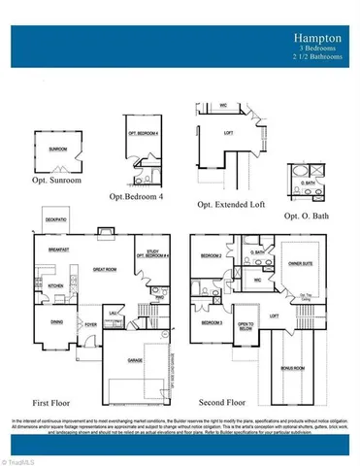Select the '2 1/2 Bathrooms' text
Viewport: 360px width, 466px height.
pyautogui.click(x=317, y=55)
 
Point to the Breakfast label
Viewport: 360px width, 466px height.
pyautogui.click(x=57, y=250)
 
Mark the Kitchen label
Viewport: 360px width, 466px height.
pyautogui.click(x=55, y=285)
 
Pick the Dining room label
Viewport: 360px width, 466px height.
pyautogui.click(x=56, y=322)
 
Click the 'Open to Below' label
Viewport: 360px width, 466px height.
pyautogui.click(x=245, y=325)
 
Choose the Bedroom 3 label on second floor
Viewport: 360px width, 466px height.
pyautogui.click(x=212, y=321)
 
